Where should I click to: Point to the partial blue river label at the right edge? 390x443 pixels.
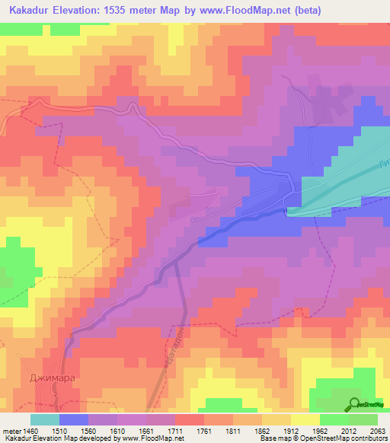[384, 168]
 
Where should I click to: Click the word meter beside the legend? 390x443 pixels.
[11, 430]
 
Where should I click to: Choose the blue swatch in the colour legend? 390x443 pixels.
[74, 419]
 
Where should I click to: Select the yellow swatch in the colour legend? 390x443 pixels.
[305, 419]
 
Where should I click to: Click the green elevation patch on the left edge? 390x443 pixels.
[15, 263]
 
